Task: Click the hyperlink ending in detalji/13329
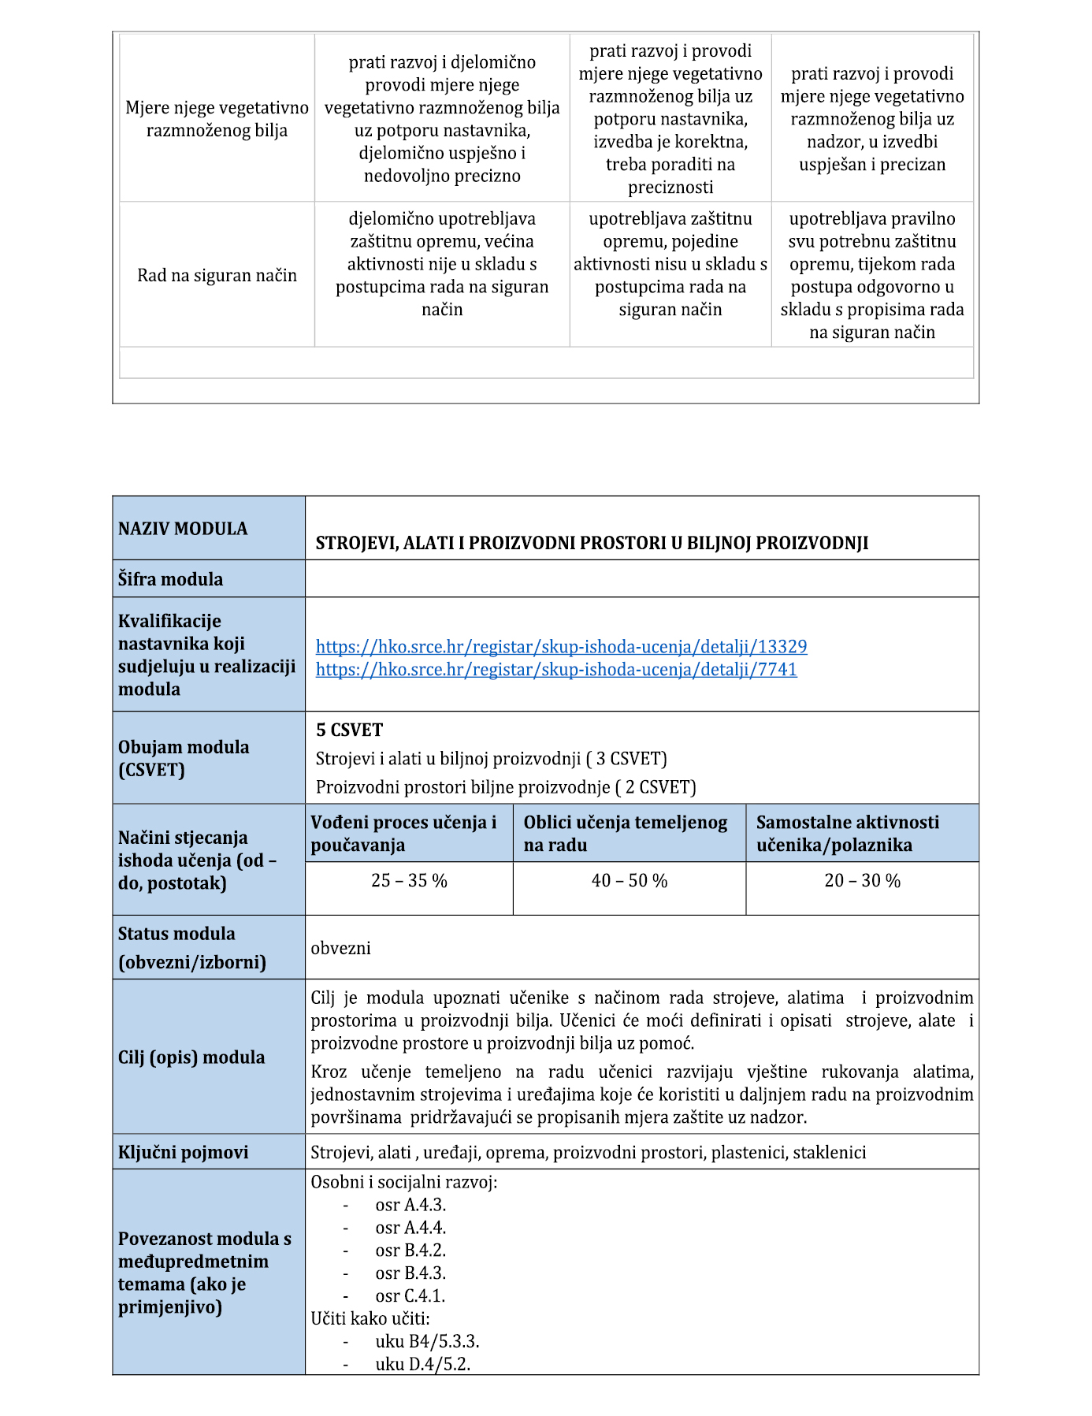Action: click(561, 647)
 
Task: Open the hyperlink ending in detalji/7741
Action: click(556, 670)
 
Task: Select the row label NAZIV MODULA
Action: click(183, 529)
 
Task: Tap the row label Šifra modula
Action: click(170, 579)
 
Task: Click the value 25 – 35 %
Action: click(409, 881)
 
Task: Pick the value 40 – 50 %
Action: click(629, 881)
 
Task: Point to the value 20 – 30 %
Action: click(862, 881)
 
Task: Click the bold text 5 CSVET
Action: click(349, 730)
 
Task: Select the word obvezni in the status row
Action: click(340, 948)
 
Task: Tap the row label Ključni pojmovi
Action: click(183, 1152)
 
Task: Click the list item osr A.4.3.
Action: click(410, 1206)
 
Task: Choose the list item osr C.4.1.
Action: click(410, 1296)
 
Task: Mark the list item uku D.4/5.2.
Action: click(423, 1365)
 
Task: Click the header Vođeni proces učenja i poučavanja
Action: click(403, 834)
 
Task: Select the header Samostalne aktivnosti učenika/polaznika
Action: click(848, 834)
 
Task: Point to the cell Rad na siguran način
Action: click(217, 276)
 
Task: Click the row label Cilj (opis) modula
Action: click(191, 1057)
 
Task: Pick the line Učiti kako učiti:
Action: click(370, 1319)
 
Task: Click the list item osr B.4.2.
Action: click(410, 1251)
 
